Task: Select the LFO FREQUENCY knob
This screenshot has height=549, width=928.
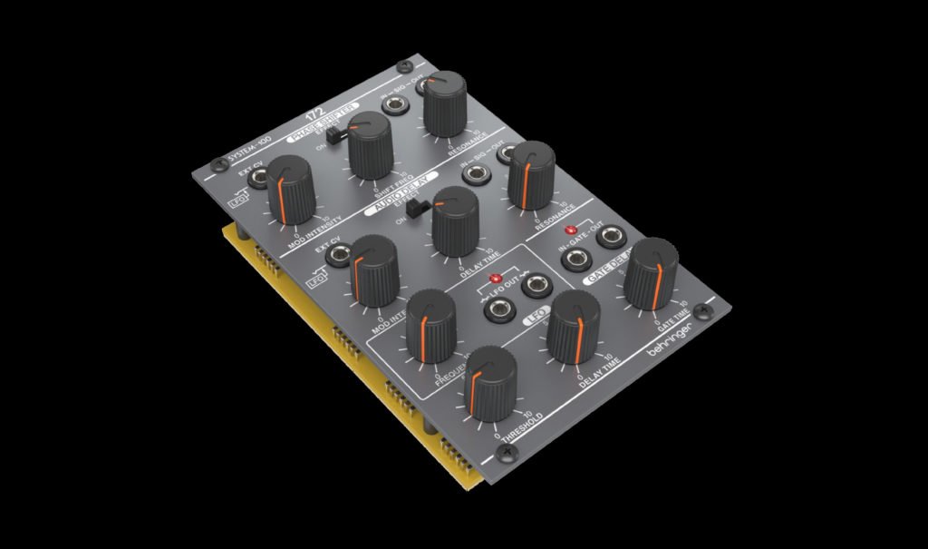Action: (x=430, y=320)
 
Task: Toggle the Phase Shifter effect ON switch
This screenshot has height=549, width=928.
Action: (x=334, y=136)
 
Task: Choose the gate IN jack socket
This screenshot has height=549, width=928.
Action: (x=574, y=260)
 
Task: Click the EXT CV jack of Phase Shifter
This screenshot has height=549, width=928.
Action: (x=259, y=178)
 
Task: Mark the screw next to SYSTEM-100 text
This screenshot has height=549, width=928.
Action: (x=217, y=164)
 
